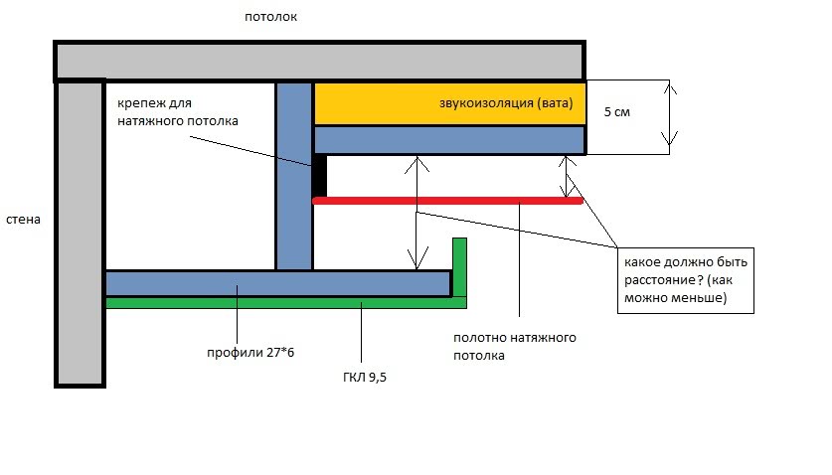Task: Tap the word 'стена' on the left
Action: tap(22, 219)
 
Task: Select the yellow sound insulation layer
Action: tap(378, 103)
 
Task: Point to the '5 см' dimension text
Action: tap(617, 112)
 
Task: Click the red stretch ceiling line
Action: tap(447, 201)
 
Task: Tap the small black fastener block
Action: tap(320, 177)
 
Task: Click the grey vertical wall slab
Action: tap(81, 234)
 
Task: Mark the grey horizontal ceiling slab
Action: tap(318, 61)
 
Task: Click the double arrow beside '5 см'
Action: tap(672, 116)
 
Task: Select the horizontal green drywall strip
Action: tap(278, 303)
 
